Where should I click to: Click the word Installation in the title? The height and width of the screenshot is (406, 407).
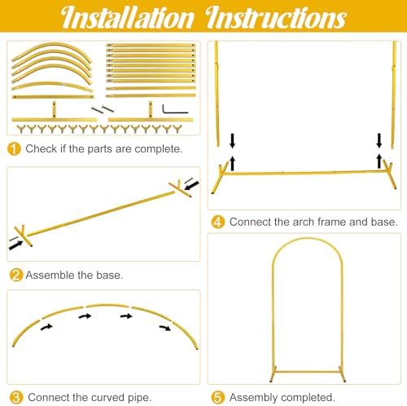click(x=128, y=17)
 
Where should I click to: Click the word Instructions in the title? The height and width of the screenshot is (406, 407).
click(x=275, y=17)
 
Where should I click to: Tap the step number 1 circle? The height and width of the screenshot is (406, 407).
click(x=14, y=149)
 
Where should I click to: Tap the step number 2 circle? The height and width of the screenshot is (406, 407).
click(x=16, y=275)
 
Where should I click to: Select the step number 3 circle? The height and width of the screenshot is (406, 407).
click(x=16, y=397)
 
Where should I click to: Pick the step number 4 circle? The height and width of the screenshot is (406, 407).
click(x=218, y=222)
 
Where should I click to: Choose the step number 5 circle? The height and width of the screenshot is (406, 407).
click(x=218, y=397)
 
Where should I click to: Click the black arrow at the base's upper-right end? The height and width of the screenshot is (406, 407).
click(x=191, y=185)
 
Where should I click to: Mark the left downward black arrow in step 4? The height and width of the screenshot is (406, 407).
click(x=232, y=141)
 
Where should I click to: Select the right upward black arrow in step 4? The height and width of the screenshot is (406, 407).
click(x=379, y=161)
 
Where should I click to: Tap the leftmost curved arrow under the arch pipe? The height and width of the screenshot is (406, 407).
click(x=46, y=327)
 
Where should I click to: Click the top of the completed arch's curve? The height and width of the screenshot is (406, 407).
click(x=307, y=239)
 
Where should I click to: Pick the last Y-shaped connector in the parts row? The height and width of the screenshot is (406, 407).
click(x=177, y=129)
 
